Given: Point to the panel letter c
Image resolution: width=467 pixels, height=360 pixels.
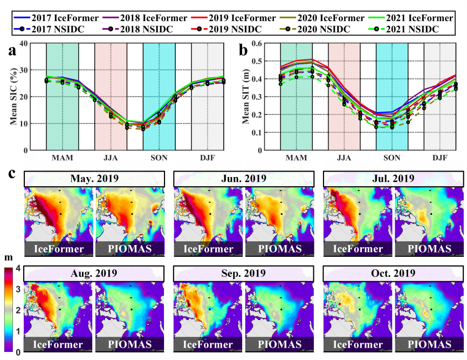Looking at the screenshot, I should point(12,174).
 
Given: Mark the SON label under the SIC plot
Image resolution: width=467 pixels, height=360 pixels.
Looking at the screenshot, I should point(159,158).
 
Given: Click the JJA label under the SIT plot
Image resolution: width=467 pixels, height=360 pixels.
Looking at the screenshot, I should point(344,158).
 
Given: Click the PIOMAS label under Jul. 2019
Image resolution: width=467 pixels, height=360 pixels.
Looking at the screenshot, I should point(428,248).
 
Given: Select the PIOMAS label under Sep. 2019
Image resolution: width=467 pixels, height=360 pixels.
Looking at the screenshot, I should point(279,343).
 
